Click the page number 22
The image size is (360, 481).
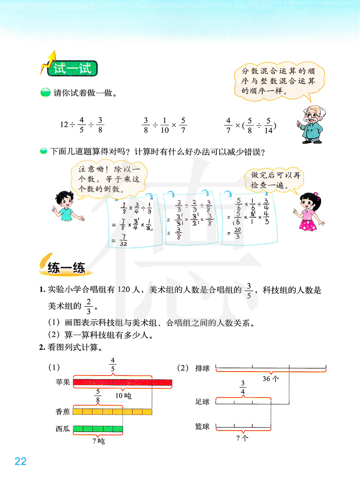pos(21,461)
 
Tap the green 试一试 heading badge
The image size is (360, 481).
pos(72,68)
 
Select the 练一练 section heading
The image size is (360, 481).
pos(66,268)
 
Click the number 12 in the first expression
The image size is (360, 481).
pos(64,125)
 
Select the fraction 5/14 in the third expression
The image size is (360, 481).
pos(268,125)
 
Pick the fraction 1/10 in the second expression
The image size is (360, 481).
pos(165,125)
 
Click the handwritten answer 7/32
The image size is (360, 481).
pos(123,240)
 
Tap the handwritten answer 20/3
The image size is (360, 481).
pos(237,233)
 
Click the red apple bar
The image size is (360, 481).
pos(122,382)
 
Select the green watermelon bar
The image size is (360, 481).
pos(98,429)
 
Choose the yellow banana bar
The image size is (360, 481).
pos(112,412)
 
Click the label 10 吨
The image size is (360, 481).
pos(123,396)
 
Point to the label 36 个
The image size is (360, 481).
pos(270,379)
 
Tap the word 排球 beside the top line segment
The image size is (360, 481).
pos(202,368)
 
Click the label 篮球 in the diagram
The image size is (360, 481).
pos(202,427)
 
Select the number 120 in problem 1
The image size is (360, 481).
pos(123,289)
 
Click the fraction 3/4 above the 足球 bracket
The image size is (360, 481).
pos(243,387)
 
